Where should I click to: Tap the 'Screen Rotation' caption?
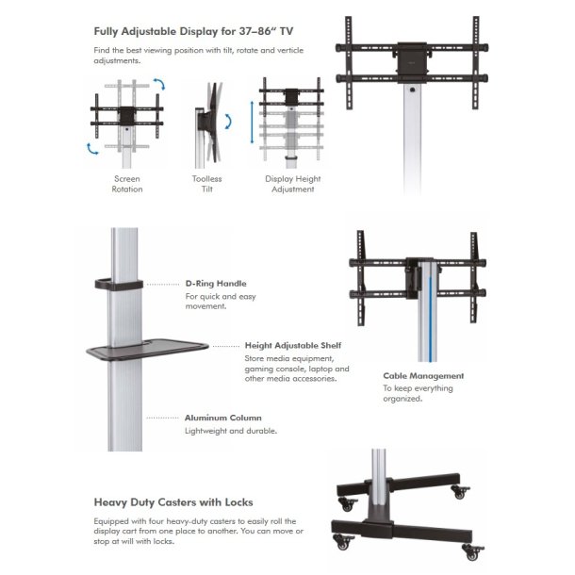point(127,184)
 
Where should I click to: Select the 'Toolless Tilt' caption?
point(206,184)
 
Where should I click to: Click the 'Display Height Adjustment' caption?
point(292,184)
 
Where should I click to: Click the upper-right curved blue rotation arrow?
point(159,86)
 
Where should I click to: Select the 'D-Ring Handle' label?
point(216,283)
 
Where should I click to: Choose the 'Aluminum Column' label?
point(223,417)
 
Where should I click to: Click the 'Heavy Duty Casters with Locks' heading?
point(173,502)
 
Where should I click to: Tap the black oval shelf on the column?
point(146,350)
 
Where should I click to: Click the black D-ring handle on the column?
point(118,283)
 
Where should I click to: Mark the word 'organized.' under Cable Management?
point(402,399)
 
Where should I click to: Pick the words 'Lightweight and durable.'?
point(231,431)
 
